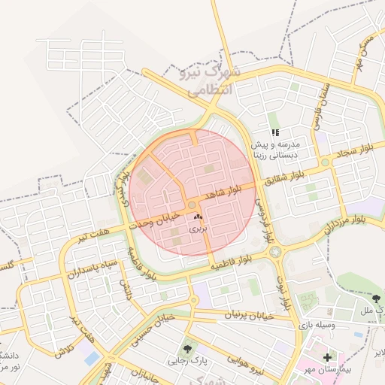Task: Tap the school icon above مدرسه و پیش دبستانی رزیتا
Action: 275,132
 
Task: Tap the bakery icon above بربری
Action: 198,217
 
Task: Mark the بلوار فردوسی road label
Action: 262,218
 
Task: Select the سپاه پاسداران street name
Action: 92,268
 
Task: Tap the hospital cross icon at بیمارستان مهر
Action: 326,356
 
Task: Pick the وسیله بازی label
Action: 332,325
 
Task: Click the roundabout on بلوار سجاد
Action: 324,162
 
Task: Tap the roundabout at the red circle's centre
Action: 192,205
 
